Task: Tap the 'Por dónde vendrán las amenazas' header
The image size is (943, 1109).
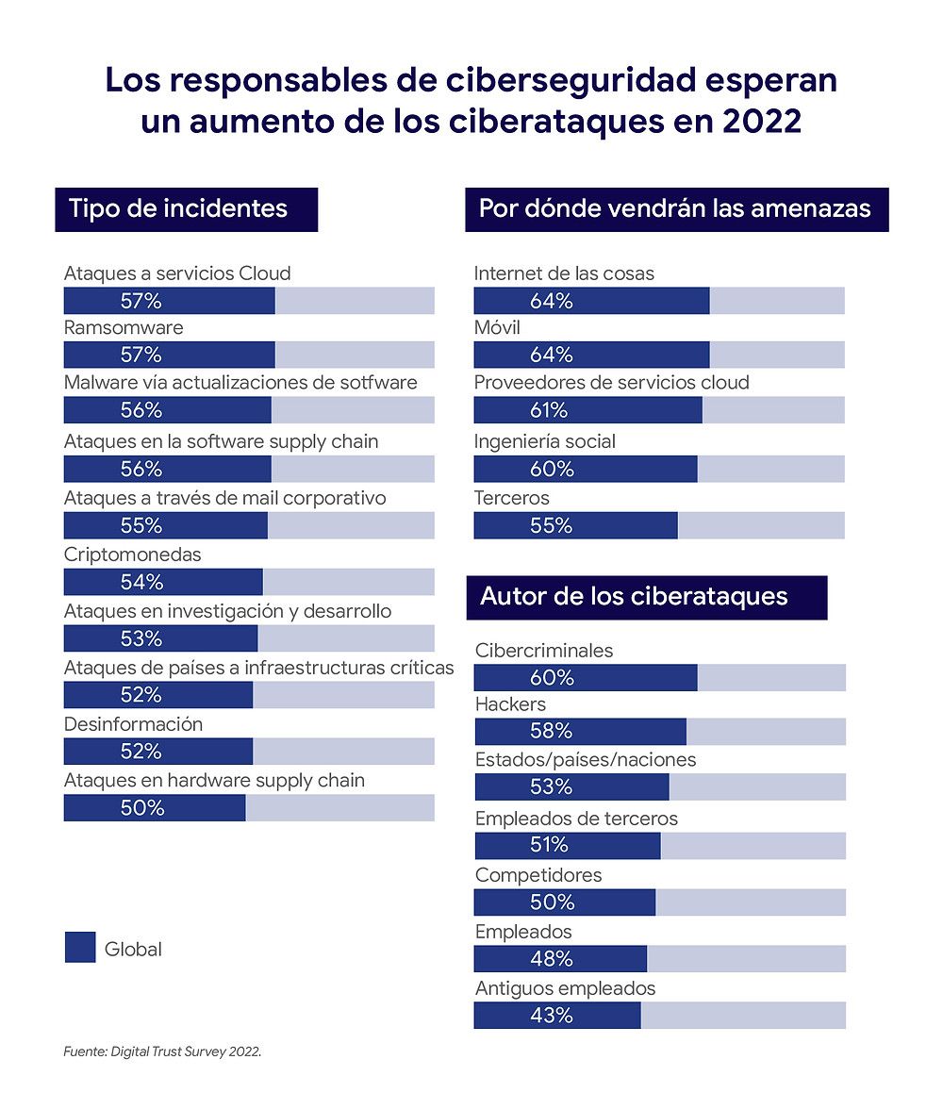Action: (675, 208)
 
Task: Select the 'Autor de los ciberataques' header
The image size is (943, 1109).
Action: (635, 597)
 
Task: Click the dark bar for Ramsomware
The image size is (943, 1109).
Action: (169, 355)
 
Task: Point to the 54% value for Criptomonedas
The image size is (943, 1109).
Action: (141, 582)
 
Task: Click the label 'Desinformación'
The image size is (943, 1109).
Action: (133, 724)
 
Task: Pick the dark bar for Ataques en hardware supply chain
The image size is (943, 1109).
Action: (155, 808)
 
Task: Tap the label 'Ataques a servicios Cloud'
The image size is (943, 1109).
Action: (177, 273)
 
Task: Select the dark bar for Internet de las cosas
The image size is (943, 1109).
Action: (591, 301)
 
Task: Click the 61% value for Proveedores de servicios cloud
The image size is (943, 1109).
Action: (549, 410)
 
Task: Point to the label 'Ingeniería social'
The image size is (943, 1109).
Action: (544, 441)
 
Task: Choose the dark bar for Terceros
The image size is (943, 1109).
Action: (575, 525)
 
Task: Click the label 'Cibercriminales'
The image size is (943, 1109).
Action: (544, 651)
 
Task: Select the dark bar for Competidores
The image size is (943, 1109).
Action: (564, 902)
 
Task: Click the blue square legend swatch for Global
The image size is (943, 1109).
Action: (80, 948)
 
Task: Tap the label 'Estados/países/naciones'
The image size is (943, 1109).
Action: (586, 759)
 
